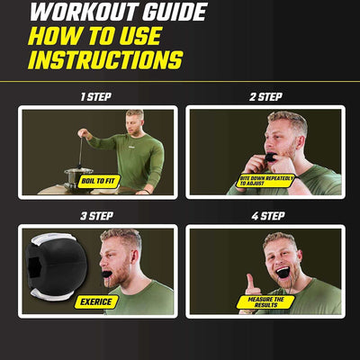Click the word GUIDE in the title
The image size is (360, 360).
(x=175, y=12)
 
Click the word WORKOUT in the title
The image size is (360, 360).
(x=84, y=12)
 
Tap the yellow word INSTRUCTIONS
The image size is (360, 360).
(x=105, y=60)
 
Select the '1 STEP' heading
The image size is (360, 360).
(x=96, y=97)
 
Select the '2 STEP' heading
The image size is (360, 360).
(x=265, y=97)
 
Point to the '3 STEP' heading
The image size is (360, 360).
(x=96, y=216)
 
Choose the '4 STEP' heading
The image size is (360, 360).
(x=268, y=216)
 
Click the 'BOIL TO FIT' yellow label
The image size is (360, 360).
(x=99, y=182)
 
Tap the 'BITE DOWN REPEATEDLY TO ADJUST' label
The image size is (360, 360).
(x=265, y=181)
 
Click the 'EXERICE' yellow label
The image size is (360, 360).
(x=96, y=301)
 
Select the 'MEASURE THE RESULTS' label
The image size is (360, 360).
(x=265, y=302)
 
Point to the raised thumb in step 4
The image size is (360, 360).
(x=250, y=283)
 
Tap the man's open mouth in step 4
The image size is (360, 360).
(x=283, y=273)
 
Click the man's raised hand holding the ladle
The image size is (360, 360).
(x=83, y=133)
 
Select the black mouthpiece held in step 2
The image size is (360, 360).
(x=270, y=157)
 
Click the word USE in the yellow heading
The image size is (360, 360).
(x=140, y=36)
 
